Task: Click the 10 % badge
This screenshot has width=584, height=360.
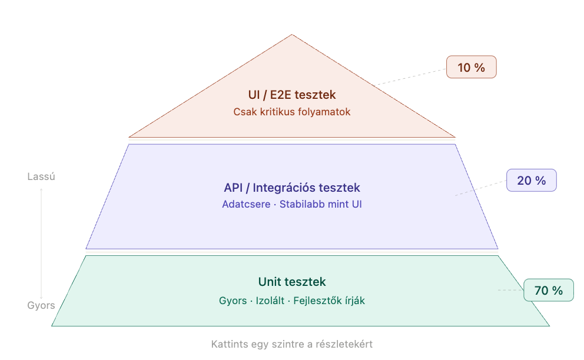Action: pos(471,67)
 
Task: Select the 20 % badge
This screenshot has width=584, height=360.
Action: pos(531,181)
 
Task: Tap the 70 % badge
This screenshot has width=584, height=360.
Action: pos(548,290)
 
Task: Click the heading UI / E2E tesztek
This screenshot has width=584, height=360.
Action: pos(292,95)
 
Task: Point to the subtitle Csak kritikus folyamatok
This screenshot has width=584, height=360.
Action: pos(292,111)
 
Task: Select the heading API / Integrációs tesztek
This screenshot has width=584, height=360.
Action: pos(292,188)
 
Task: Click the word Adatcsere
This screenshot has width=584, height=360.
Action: pos(246,205)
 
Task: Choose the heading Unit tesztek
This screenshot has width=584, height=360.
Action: pos(292,282)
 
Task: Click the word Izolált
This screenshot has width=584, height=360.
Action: pos(270,301)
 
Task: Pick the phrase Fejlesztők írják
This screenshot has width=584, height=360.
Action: pos(329,301)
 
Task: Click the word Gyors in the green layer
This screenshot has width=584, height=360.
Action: pos(233,301)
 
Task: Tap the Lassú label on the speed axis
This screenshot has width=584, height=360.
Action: pos(41,176)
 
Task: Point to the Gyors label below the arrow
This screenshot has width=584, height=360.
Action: pos(41,305)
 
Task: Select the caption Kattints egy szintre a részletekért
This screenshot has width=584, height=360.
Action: pos(292,344)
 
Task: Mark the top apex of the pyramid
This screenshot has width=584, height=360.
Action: pos(292,36)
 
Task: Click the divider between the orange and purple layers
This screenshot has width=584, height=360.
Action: pos(292,140)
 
